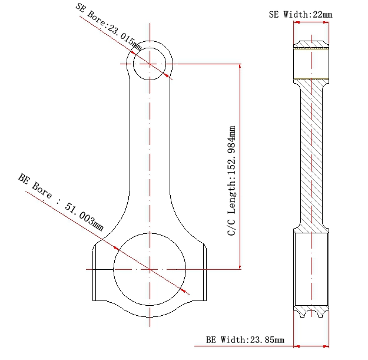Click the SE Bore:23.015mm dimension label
point(108,27)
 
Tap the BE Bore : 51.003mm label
point(61,202)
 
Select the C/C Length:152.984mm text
point(231,180)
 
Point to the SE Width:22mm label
point(300,15)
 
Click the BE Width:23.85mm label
point(245,340)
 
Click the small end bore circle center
point(150,64)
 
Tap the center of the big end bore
point(150,269)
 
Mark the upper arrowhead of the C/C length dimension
point(240,66)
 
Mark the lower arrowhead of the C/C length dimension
point(240,267)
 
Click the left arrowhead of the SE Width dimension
point(297,22)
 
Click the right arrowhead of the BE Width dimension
point(326,346)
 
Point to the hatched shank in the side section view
point(311,155)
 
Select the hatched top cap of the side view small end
point(311,44)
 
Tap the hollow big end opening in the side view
point(311,269)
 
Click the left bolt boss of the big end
point(94,272)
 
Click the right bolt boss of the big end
point(205,272)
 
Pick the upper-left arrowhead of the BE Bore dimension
point(116,247)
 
